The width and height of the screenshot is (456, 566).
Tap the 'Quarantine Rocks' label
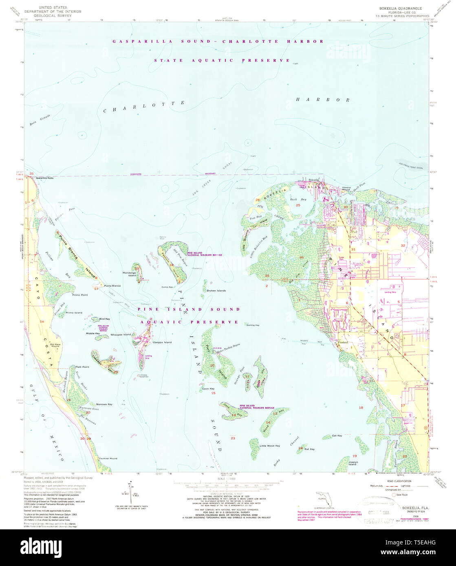pyautogui.click(x=44, y=178)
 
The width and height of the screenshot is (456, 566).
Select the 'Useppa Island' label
pyautogui.click(x=162, y=342)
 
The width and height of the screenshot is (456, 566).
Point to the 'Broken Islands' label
pyautogui.click(x=216, y=291)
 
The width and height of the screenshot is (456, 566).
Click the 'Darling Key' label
pyautogui.click(x=253, y=325)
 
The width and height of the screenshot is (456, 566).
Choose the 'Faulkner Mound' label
pyautogui.click(x=108, y=458)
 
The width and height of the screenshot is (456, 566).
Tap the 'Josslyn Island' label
pyautogui.click(x=352, y=463)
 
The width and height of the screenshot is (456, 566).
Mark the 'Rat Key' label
pyautogui.click(x=309, y=449)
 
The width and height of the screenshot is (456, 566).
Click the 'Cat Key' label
pyautogui.click(x=337, y=436)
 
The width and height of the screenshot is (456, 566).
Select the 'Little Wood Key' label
pyautogui.click(x=270, y=446)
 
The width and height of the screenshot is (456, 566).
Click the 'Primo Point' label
pyautogui.click(x=80, y=295)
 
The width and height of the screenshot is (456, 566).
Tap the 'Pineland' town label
pyautogui.click(x=343, y=342)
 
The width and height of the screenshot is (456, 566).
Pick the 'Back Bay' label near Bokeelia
pyautogui.click(x=298, y=200)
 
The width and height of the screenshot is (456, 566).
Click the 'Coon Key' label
pyautogui.click(x=208, y=389)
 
